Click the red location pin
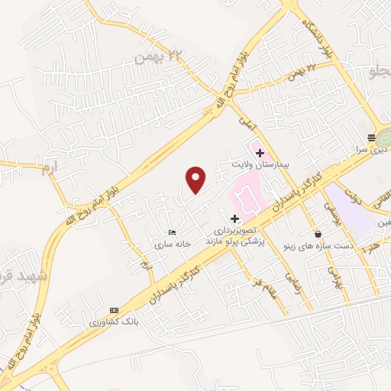[197, 180]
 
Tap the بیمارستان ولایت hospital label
[260, 165]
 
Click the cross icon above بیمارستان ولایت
[260, 153]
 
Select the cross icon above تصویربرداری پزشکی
[234, 219]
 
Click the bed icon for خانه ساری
[173, 232]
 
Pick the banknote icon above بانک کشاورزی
[114, 310]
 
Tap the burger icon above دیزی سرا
[371, 137]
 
